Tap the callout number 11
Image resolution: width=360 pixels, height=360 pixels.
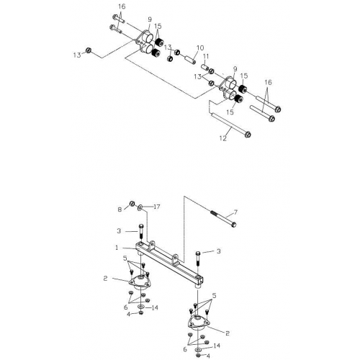206,56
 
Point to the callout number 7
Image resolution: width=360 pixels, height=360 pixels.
233,215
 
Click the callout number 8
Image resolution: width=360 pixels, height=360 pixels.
121,210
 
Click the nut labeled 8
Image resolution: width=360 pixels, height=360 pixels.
133,204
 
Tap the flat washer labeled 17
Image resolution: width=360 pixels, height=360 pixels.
141,207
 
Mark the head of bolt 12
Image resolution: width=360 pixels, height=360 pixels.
246,134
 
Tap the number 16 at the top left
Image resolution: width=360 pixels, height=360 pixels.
121,6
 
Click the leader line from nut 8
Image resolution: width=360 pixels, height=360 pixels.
127,207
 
